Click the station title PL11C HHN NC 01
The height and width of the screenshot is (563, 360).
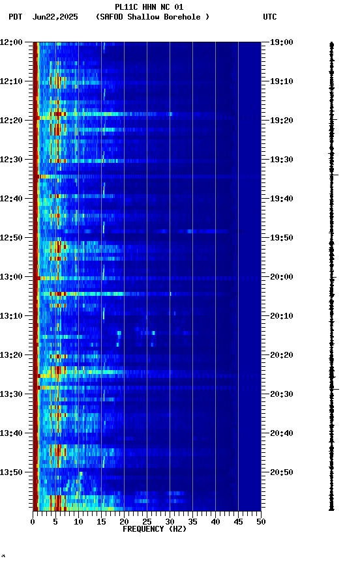click(x=149, y=7)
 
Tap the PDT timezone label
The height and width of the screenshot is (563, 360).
click(x=16, y=17)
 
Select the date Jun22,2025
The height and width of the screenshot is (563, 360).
click(x=55, y=17)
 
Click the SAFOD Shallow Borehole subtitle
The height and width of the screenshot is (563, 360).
click(x=153, y=17)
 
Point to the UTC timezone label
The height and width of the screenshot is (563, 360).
click(x=270, y=17)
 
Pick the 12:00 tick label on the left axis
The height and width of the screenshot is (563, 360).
click(x=11, y=42)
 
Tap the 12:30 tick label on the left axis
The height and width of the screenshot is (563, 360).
click(x=11, y=160)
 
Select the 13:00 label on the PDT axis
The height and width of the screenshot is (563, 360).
click(x=11, y=277)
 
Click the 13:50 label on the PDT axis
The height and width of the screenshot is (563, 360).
click(x=11, y=472)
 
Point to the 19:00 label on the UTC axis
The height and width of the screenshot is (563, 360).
click(x=282, y=42)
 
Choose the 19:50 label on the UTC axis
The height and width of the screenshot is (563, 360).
click(x=282, y=238)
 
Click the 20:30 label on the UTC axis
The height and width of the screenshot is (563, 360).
click(x=282, y=394)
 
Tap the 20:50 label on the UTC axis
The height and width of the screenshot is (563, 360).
click(x=282, y=472)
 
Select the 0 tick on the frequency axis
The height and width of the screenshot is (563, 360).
click(x=33, y=522)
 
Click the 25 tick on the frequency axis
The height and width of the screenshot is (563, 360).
click(x=147, y=522)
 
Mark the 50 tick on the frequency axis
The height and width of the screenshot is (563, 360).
click(x=261, y=522)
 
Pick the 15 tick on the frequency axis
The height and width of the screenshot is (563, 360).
click(x=101, y=522)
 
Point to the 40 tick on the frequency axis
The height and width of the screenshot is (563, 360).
click(x=215, y=522)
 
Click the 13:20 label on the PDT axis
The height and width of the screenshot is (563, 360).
click(x=11, y=355)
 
